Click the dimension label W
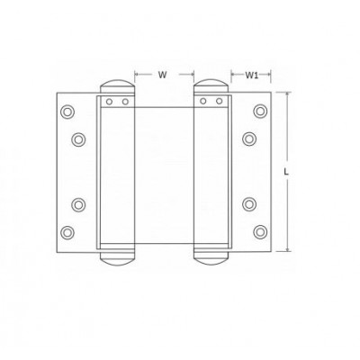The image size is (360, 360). [x=162, y=75]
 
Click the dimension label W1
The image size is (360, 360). [x=252, y=75]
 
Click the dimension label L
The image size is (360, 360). [x=286, y=172]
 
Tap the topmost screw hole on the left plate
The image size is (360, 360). [x=67, y=112]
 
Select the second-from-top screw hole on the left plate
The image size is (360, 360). [x=78, y=139]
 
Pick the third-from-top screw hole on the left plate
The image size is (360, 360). [x=78, y=205]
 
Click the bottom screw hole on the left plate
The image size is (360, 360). [x=67, y=232]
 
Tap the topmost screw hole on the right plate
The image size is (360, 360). [x=260, y=111]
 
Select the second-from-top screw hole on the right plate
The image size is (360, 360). [x=249, y=139]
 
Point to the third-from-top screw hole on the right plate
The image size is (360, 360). [x=249, y=204]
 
